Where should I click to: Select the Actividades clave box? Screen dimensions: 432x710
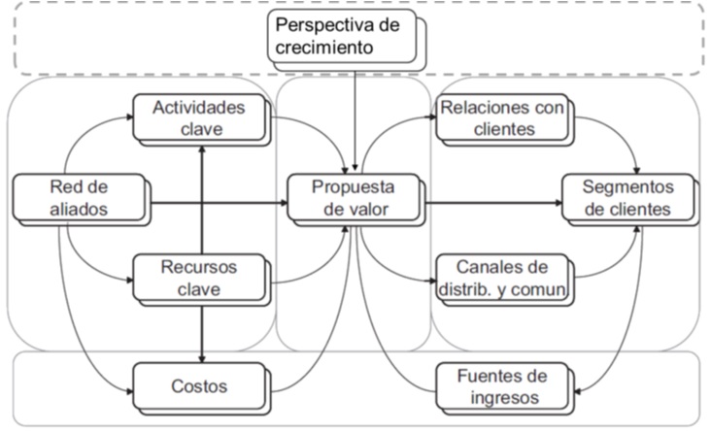[x=199, y=117]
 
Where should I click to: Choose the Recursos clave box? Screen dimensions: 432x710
[x=198, y=276]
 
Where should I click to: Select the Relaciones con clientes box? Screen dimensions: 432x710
[x=501, y=117]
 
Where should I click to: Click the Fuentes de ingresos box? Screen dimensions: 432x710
[x=501, y=385]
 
